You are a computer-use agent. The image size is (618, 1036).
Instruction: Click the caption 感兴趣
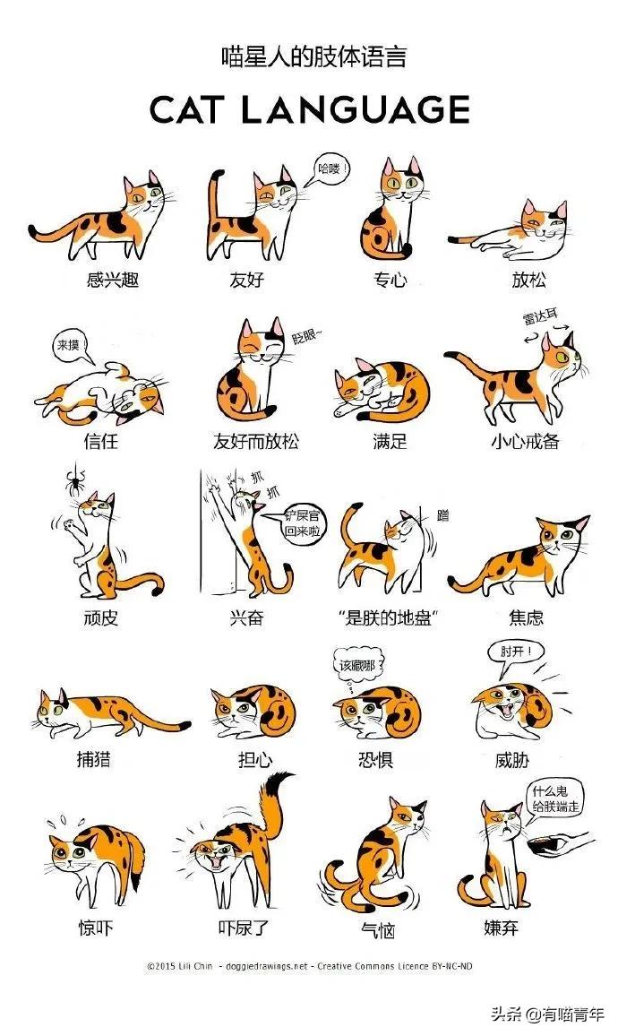point(112,280)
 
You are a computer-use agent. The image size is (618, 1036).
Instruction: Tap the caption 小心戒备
point(524,441)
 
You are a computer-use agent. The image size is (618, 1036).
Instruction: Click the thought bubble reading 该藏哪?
point(357,666)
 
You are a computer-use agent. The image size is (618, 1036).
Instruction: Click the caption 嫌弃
point(501,928)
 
